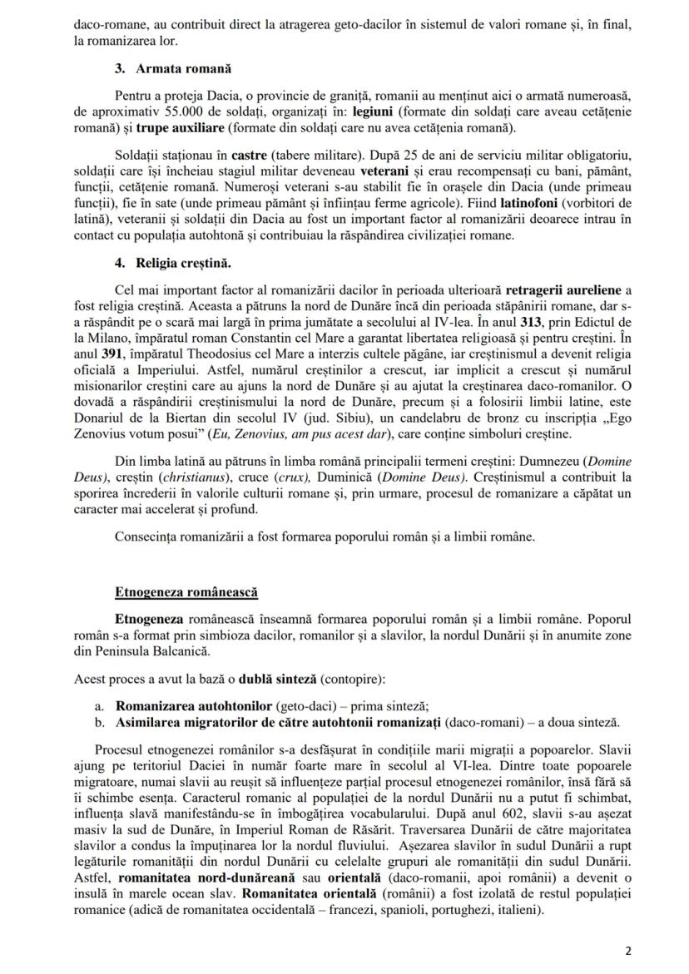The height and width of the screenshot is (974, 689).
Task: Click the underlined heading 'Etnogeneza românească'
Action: point(186,592)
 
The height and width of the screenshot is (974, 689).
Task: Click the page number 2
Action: point(628,950)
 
